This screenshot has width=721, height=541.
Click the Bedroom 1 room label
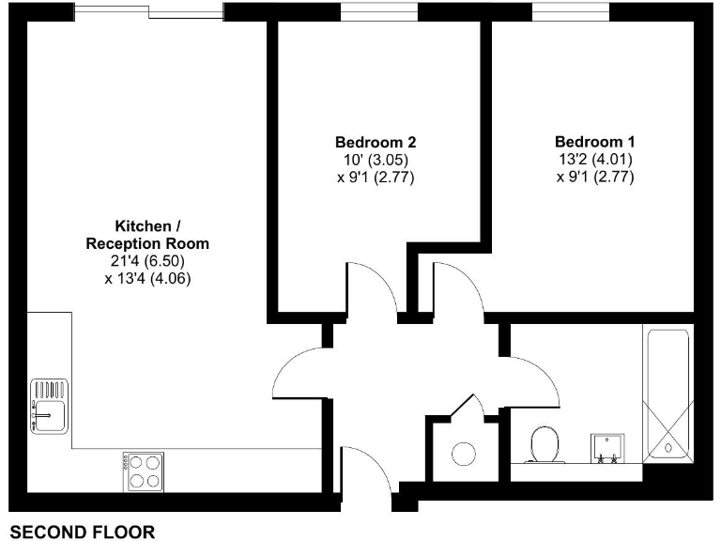pos(593,142)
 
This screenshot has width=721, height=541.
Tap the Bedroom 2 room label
pos(375,142)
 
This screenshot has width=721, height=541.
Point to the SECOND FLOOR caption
pos(82,533)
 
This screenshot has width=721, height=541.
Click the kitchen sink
pos(48,406)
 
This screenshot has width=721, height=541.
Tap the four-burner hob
pos(144,470)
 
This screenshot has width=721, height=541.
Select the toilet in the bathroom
pos(545,444)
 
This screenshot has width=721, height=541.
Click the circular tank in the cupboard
pos(465,454)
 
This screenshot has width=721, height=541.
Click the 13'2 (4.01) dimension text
pos(593,159)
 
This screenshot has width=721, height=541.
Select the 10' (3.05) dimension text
pos(375,159)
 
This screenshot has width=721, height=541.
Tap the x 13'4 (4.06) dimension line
pos(148,278)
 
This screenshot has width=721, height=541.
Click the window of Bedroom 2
pos(379,12)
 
